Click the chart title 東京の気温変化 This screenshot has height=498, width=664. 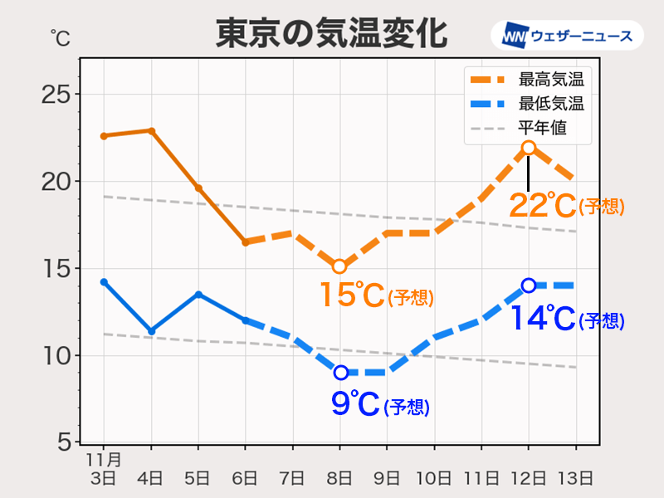[x=331, y=35]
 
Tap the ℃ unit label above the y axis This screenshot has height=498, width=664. [x=59, y=37]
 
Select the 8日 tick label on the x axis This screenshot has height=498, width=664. [x=339, y=477]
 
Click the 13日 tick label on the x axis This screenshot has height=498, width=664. [x=576, y=477]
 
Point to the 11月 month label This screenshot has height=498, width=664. [x=103, y=459]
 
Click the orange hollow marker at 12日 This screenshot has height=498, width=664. [x=529, y=148]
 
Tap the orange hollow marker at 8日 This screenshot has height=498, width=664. [x=339, y=266]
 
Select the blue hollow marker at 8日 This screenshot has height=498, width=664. [x=339, y=373]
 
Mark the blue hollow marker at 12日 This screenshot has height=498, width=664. [x=529, y=286]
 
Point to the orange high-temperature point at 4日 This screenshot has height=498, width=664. [x=151, y=130]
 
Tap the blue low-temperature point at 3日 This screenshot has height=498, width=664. [x=104, y=282]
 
